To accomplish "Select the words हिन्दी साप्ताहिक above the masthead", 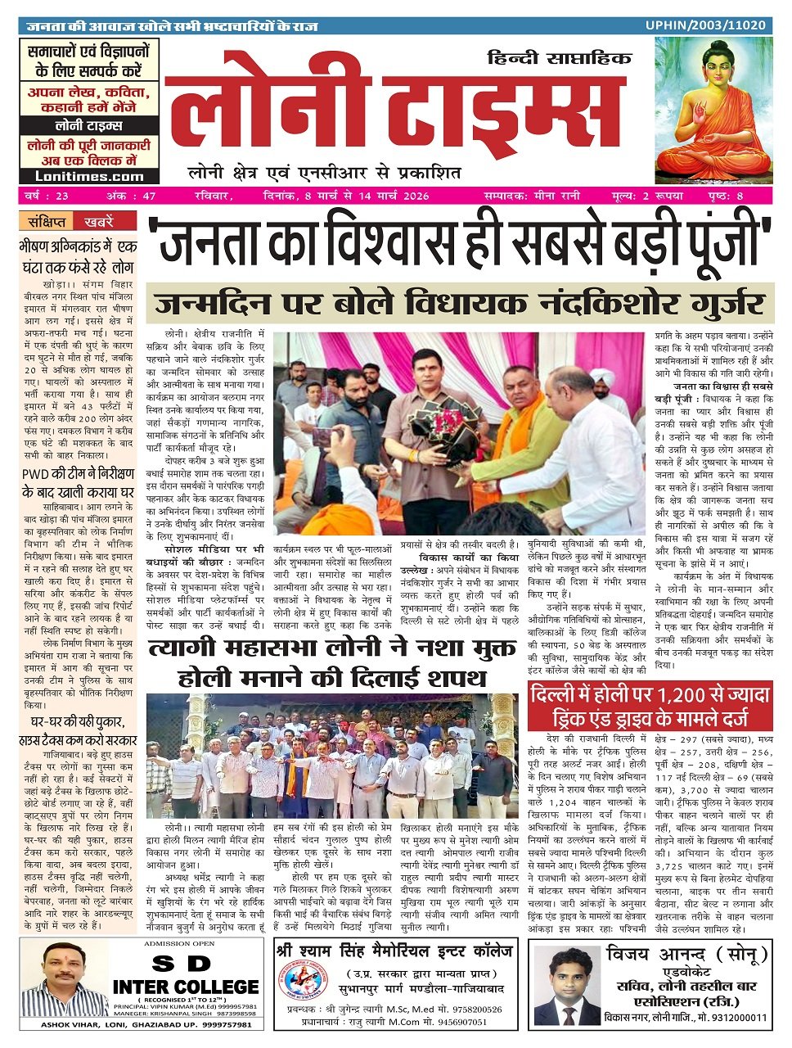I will click(559, 58).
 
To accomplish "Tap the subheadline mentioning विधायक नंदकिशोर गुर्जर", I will click(461, 305).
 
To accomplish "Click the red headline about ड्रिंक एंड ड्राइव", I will click(650, 708).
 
